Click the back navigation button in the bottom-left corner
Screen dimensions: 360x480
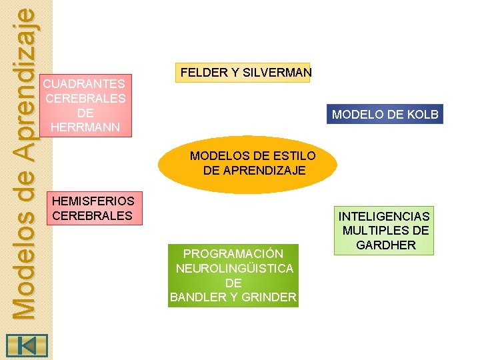tap(26, 346)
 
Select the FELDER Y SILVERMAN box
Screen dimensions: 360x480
tap(243, 73)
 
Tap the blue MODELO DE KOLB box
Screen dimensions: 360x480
tap(385, 115)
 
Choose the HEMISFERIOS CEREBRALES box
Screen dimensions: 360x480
tap(93, 208)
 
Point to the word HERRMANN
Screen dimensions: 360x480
tap(85, 127)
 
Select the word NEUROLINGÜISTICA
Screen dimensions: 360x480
tap(233, 269)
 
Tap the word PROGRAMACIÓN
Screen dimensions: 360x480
tap(233, 254)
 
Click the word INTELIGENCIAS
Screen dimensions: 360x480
tap(384, 217)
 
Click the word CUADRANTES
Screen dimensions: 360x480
tap(84, 84)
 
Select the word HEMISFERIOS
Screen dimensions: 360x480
tap(93, 201)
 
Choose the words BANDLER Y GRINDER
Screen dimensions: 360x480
tap(233, 297)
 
